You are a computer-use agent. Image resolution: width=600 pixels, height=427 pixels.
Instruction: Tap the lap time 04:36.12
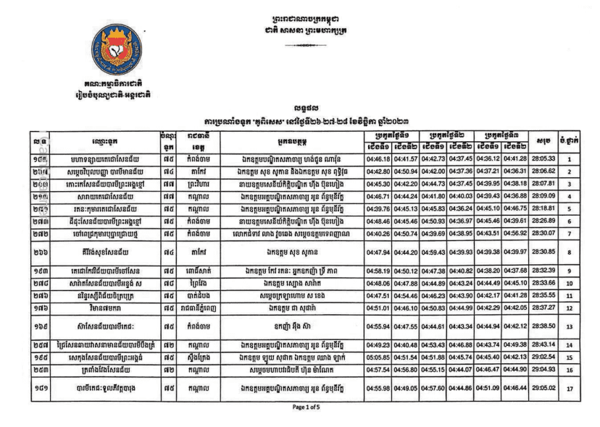point(493,158)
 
